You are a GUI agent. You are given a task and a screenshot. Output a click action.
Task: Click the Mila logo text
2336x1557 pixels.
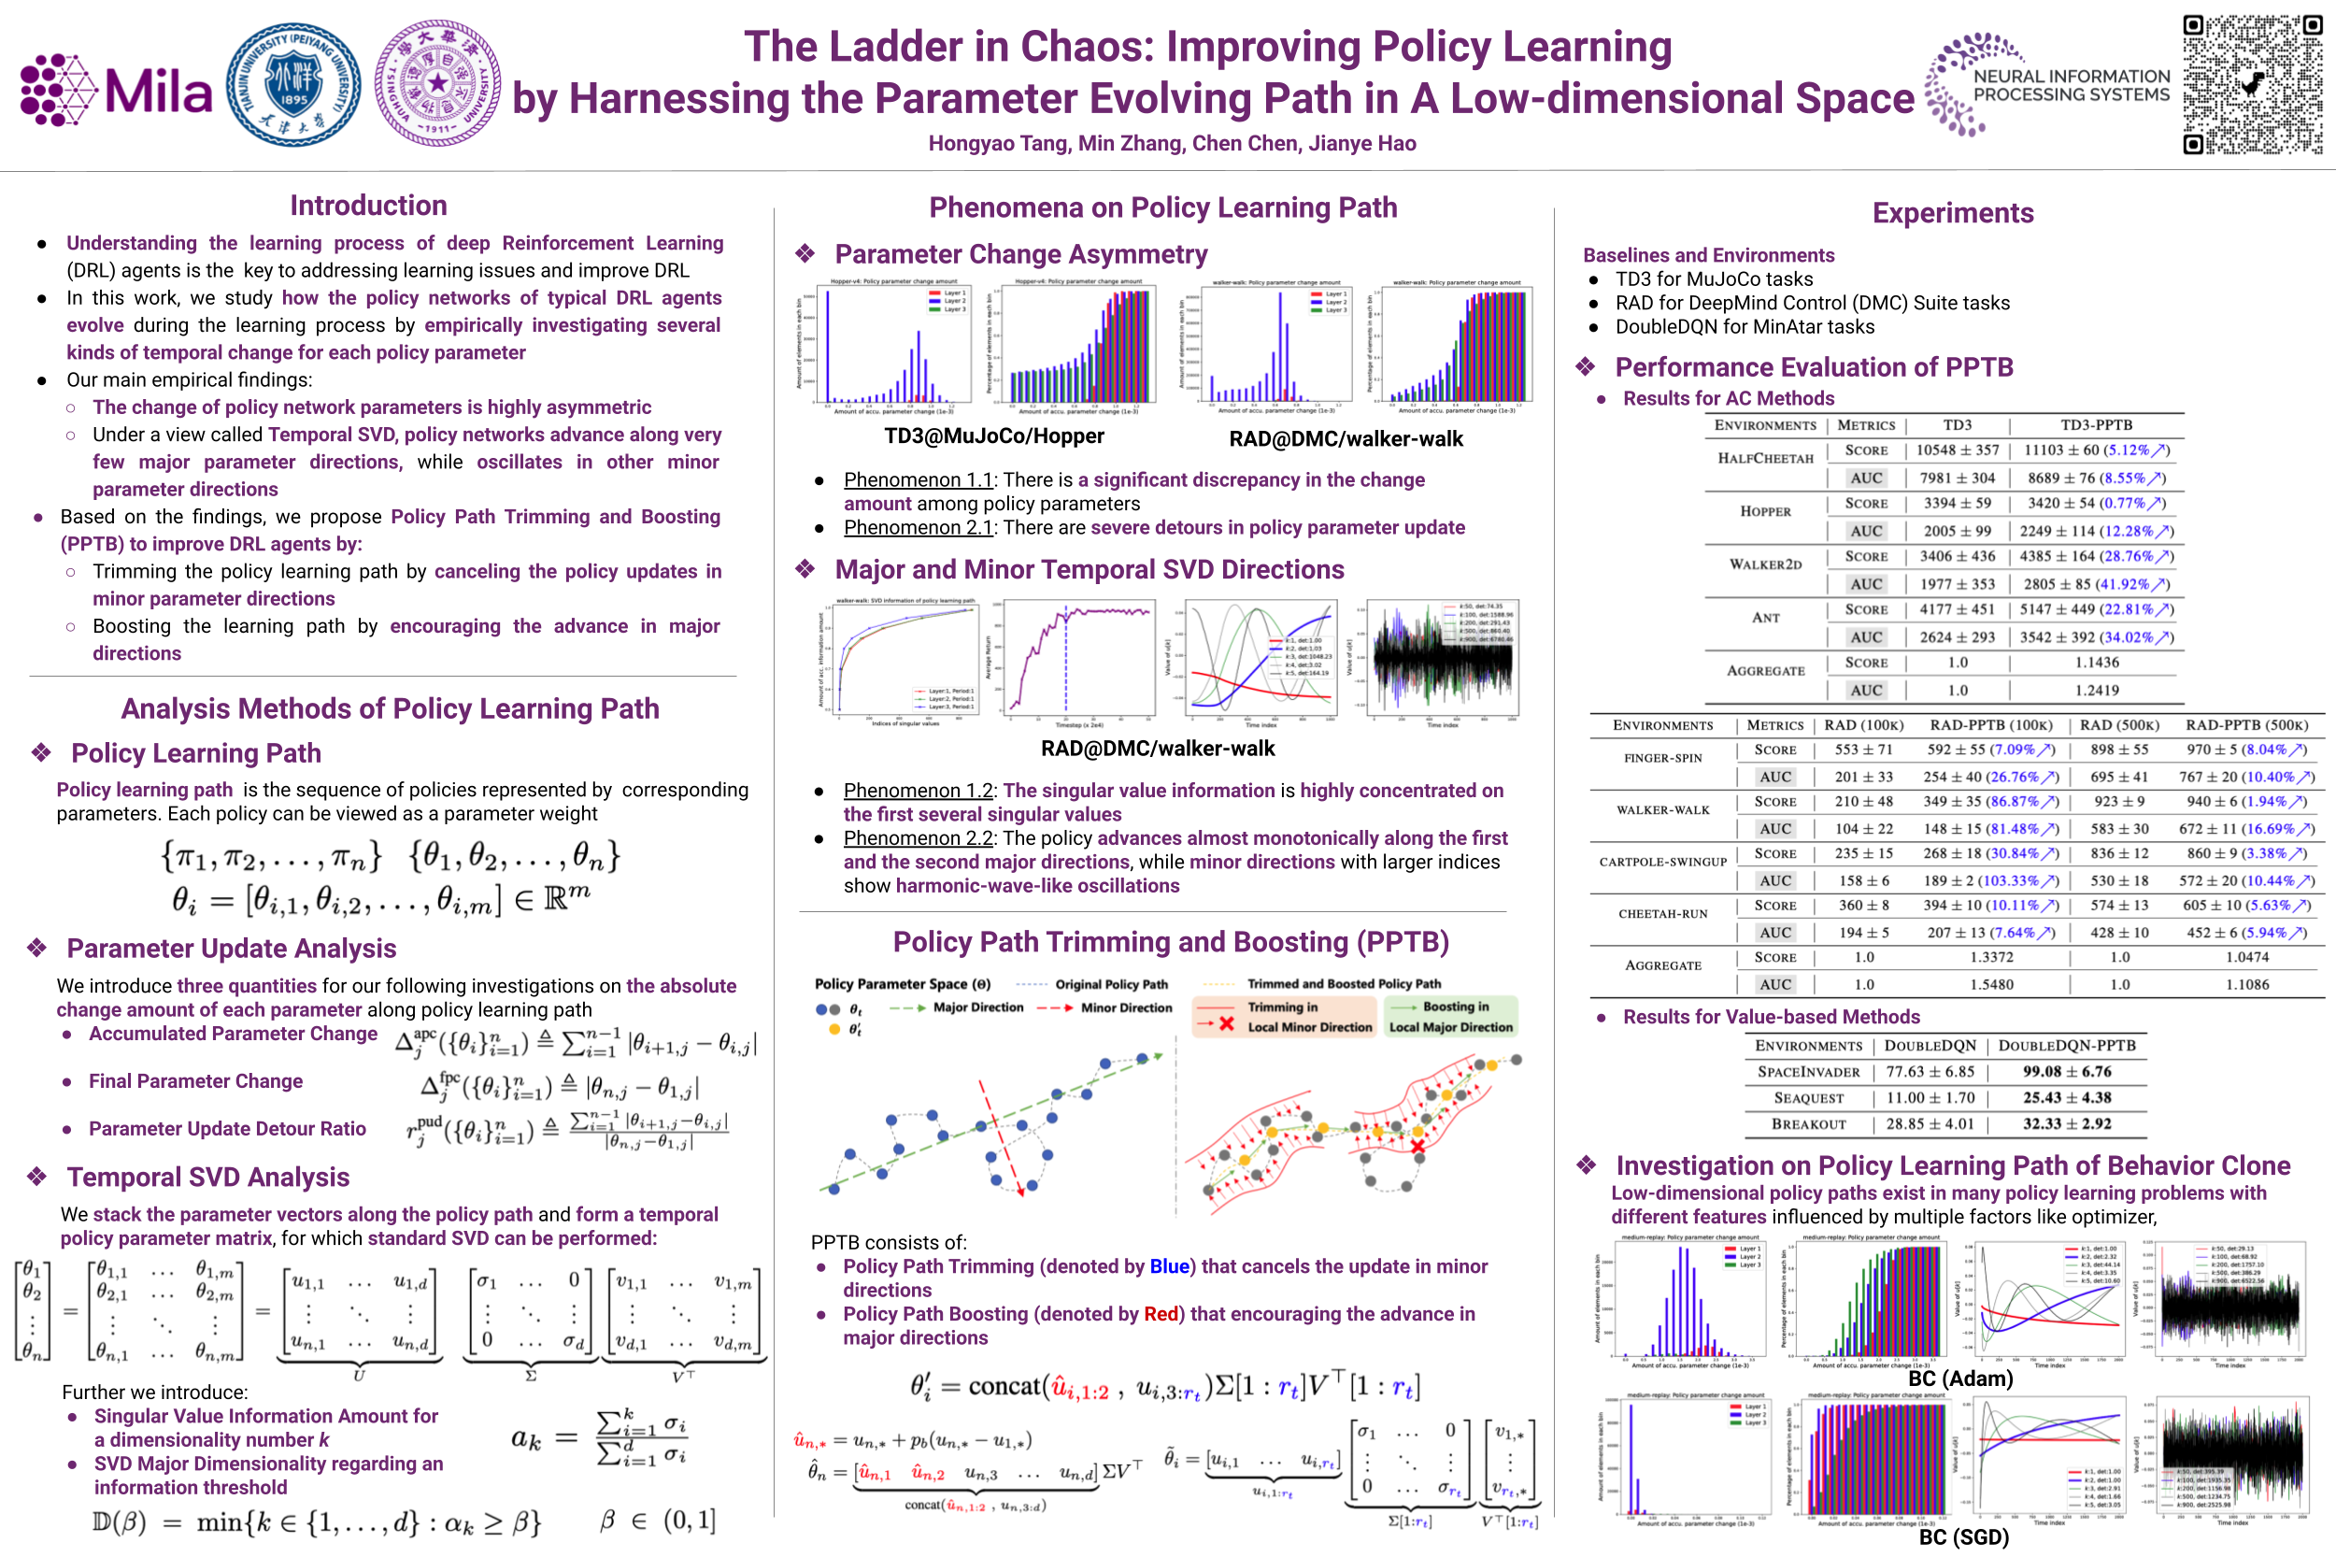point(158,93)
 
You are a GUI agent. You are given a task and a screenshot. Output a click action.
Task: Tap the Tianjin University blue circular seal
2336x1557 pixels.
point(293,85)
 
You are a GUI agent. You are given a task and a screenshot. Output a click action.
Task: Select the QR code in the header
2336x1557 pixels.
point(2252,84)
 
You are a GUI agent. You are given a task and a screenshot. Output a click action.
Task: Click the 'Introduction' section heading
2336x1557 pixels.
point(368,206)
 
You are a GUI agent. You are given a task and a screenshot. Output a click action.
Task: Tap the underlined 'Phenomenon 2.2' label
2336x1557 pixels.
point(919,838)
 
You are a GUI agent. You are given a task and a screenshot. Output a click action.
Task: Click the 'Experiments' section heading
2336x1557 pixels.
point(1952,213)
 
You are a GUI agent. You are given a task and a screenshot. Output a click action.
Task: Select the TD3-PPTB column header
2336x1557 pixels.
point(2096,425)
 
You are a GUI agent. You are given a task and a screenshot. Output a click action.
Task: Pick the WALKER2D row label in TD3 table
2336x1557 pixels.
point(1765,564)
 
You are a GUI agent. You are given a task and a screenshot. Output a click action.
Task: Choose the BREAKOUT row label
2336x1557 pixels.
point(1808,1124)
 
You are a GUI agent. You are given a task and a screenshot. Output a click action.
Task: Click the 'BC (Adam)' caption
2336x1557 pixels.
point(1959,1378)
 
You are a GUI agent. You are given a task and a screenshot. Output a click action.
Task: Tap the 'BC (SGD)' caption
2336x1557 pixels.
point(1963,1537)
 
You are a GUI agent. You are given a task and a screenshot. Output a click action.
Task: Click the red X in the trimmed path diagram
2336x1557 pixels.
point(1417,1147)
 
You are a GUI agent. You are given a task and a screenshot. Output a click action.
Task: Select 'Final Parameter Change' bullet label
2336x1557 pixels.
point(195,1081)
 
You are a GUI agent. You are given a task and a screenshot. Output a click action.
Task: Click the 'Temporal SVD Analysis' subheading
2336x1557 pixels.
point(207,1177)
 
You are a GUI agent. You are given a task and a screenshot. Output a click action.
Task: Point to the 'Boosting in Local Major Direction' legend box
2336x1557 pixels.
point(1450,1017)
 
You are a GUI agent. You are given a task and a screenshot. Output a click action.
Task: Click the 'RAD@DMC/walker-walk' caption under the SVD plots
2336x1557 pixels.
point(1157,748)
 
